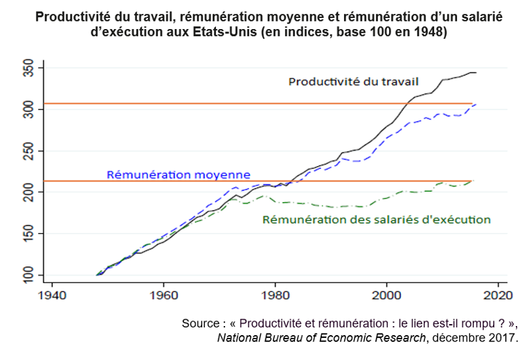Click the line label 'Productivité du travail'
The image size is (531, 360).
coord(353,81)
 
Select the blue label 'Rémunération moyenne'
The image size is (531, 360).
coord(179,174)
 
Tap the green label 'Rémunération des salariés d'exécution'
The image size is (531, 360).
coord(377,219)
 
